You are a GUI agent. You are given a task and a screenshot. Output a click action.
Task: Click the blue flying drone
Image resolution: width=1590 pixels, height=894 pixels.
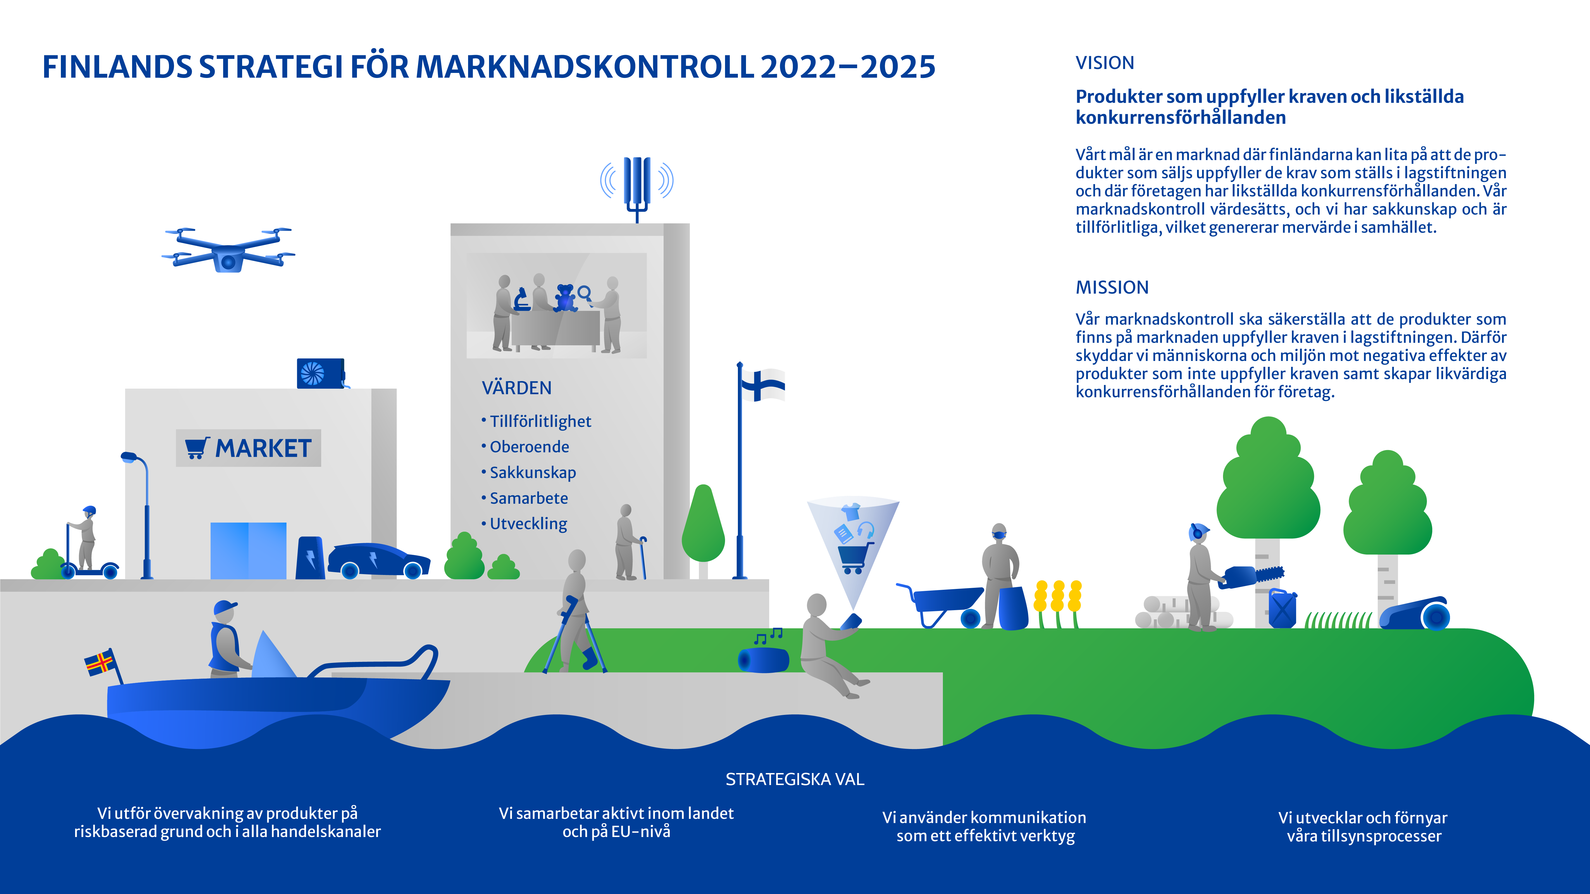click(x=228, y=250)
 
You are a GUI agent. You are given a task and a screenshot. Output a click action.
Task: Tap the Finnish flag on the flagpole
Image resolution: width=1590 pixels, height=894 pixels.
click(x=763, y=385)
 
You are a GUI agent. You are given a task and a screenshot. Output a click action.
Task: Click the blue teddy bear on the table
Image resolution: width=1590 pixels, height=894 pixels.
click(x=565, y=298)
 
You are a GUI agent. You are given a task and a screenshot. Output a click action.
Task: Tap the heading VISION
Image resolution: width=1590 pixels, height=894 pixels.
click(x=1105, y=63)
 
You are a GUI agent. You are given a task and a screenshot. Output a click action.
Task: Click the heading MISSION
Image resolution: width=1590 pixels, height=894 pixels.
click(x=1112, y=288)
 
